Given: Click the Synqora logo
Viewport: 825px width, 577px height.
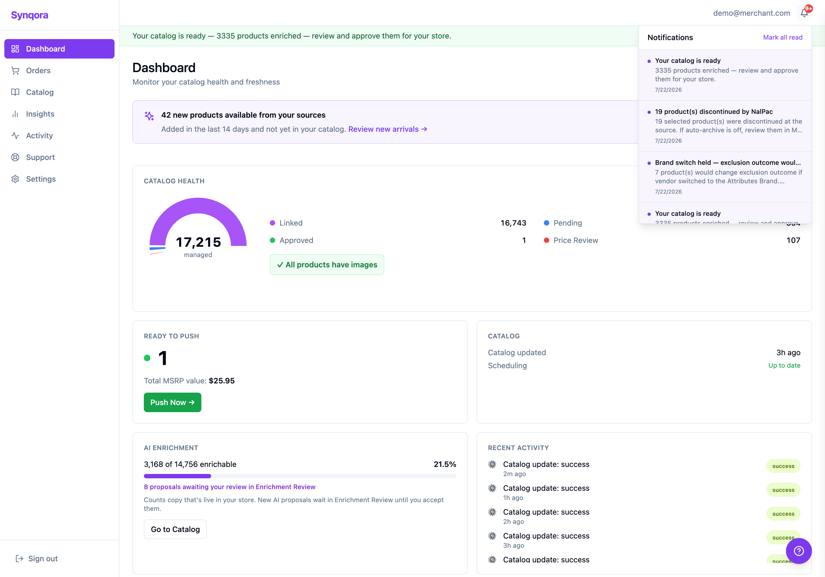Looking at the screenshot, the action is click(x=30, y=15).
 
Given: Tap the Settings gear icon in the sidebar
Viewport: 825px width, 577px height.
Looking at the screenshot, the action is click(x=15, y=179).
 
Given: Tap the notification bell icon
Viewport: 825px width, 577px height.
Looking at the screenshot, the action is click(x=804, y=13).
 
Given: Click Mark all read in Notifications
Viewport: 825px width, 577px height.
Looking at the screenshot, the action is click(x=783, y=37).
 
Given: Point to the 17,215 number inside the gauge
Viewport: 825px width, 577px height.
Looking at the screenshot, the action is click(x=198, y=242).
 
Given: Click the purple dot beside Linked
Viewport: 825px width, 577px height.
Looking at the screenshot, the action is click(x=272, y=223).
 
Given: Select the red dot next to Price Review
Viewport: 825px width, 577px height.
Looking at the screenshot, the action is click(x=546, y=240).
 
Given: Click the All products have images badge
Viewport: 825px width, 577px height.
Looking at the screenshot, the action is click(x=327, y=265).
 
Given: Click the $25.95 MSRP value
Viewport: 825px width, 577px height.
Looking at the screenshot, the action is click(x=222, y=381).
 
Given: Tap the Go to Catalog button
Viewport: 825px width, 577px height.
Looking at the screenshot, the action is click(x=175, y=529).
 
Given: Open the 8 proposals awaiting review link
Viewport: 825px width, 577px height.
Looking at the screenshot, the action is click(x=230, y=487).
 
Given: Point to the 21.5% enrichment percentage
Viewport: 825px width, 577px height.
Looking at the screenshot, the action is click(x=445, y=464).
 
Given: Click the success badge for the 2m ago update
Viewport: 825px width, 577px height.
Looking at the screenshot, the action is click(x=783, y=466).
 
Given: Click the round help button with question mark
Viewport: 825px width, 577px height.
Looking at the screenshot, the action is click(x=798, y=551).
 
